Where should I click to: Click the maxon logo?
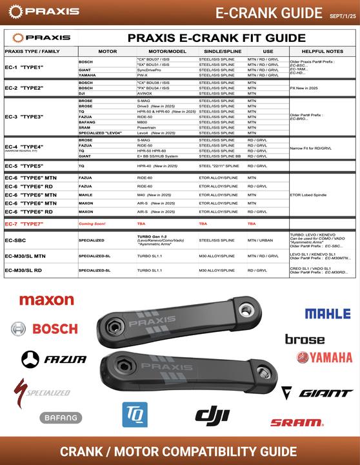46,300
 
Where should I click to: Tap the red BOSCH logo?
45,329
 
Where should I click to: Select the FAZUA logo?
53,358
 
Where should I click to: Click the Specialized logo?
42,391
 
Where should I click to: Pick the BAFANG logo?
61,418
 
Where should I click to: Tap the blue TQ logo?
135,414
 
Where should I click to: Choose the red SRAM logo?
296,423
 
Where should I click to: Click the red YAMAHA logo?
325,357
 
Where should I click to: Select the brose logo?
305,339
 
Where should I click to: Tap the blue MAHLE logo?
328,314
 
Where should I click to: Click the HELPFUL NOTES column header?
321,50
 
